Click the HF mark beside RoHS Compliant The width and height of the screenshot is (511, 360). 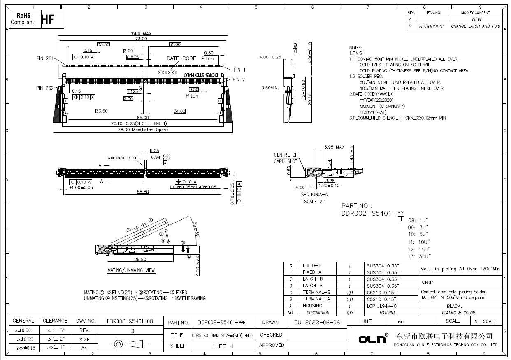click(x=48, y=19)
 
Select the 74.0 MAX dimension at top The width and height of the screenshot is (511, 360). click(x=142, y=34)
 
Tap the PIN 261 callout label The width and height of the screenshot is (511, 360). click(x=45, y=58)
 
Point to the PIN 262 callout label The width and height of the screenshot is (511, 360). click(x=45, y=88)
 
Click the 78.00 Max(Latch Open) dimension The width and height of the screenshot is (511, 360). click(x=142, y=130)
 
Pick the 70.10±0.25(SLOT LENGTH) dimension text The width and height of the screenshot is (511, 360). click(x=139, y=123)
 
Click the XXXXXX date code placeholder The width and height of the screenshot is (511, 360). click(x=167, y=72)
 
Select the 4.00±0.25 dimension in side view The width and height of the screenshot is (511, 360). click(x=270, y=57)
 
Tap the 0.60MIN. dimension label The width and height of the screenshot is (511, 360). click(x=270, y=88)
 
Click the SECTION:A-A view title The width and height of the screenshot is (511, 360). click(x=314, y=195)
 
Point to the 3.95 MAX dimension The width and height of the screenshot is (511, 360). click(x=334, y=147)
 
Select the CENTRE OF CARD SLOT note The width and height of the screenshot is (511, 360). click(x=286, y=158)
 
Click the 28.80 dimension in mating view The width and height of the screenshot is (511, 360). click(x=140, y=260)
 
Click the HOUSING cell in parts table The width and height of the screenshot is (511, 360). click(x=312, y=306)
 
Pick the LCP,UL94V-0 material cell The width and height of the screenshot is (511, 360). click(x=382, y=306)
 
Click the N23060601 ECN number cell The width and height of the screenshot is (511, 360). click(x=432, y=26)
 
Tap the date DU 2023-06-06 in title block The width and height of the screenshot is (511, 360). click(x=317, y=322)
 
